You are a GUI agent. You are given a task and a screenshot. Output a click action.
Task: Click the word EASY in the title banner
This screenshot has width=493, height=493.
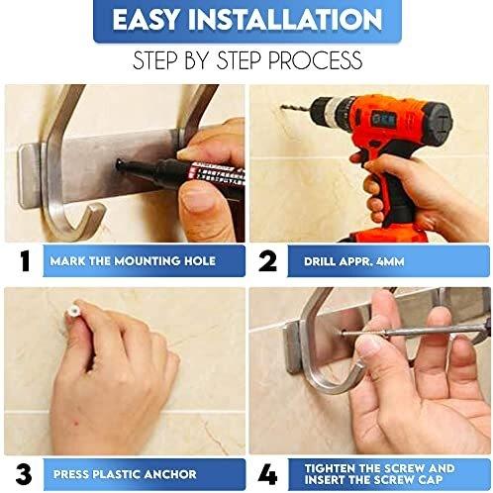pos(147,20)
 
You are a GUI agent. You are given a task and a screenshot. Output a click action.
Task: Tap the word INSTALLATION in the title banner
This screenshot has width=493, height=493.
pos(285,20)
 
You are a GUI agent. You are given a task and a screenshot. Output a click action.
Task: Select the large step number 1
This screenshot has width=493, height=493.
pos(25,261)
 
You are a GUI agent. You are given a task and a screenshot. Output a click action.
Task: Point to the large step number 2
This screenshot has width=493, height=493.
pos(267,261)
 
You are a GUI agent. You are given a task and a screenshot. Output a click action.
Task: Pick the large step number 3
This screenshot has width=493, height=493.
pos(24,475)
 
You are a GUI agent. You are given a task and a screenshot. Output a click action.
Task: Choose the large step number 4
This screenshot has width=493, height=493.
pos(268,475)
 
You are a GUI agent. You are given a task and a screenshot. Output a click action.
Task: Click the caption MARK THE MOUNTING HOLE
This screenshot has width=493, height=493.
pos(133,261)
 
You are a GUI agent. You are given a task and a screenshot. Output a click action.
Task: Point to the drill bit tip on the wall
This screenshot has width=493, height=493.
pos(282,106)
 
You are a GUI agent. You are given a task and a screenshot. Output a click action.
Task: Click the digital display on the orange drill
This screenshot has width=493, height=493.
pos(383,119)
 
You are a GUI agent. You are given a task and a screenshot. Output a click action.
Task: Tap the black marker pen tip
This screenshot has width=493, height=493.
pos(120,163)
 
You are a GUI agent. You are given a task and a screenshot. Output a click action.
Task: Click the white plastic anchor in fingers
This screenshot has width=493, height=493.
pos(72,311)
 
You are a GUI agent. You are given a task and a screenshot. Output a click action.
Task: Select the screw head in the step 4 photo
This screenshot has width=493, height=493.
pos(343,333)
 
